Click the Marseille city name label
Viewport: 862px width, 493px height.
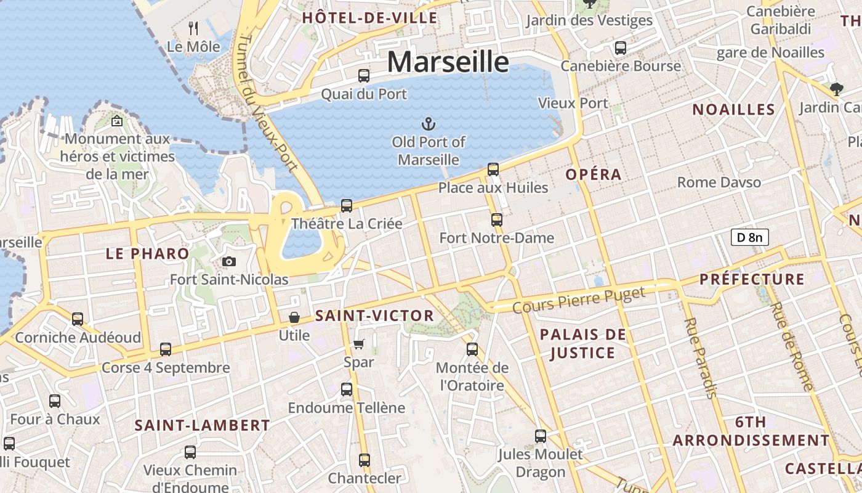[448, 62]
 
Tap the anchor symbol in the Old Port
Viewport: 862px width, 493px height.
[428, 124]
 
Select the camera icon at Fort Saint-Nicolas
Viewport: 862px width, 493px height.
[229, 262]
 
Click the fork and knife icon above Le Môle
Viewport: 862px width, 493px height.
[193, 28]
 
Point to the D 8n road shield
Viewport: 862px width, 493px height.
[750, 237]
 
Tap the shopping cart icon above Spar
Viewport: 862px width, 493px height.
[359, 344]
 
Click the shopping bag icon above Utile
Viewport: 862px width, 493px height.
[294, 318]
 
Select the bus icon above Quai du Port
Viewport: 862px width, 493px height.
[364, 76]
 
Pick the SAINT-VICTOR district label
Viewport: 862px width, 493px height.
[374, 316]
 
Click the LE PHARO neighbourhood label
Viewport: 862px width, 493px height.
[147, 253]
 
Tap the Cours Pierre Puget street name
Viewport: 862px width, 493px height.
[579, 299]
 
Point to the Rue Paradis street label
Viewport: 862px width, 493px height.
[700, 358]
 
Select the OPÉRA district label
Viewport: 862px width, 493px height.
[594, 174]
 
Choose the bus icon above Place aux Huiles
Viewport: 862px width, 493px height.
[493, 169]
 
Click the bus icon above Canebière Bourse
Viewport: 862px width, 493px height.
[621, 47]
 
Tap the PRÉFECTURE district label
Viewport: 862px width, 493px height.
[752, 279]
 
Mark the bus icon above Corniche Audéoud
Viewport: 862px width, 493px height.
[78, 319]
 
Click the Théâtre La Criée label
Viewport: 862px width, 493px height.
[347, 224]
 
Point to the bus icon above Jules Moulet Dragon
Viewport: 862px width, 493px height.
[541, 436]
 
